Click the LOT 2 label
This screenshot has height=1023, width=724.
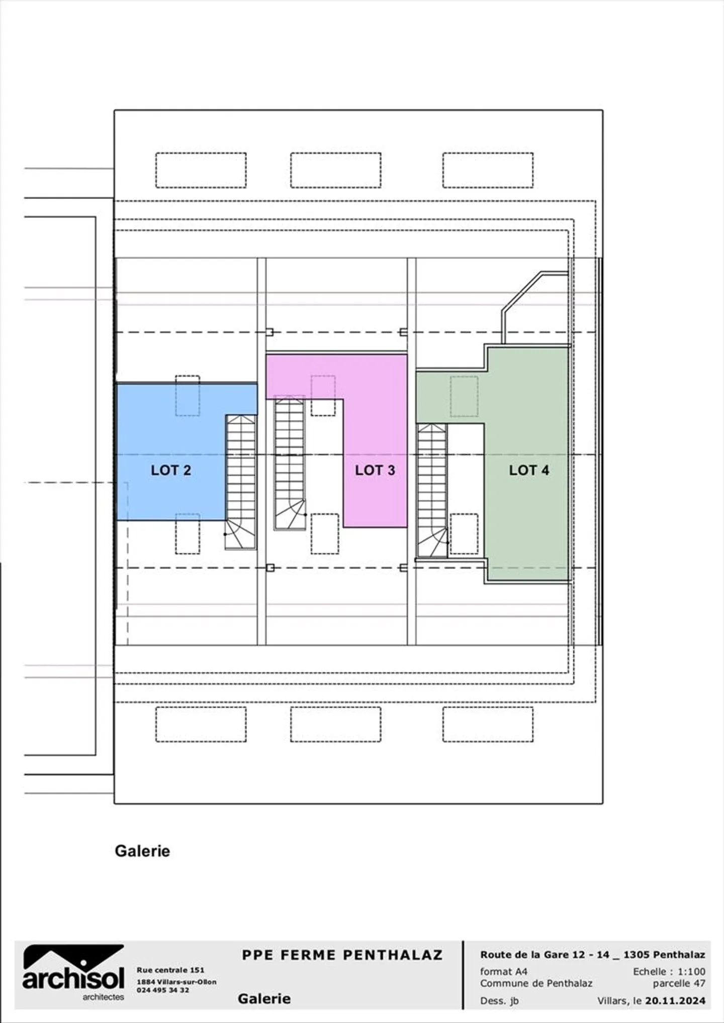[171, 470]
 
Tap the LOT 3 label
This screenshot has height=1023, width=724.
[375, 470]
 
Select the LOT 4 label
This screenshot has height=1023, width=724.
[529, 470]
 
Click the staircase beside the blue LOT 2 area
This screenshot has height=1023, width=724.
[241, 481]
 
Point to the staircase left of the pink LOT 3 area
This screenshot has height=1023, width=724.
[290, 462]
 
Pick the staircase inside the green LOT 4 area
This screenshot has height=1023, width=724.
[432, 490]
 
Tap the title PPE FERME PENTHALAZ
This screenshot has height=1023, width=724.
[342, 955]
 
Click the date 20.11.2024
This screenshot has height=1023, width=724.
[675, 1000]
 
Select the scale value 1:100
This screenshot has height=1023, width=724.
[691, 971]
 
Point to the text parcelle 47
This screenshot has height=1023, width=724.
[679, 983]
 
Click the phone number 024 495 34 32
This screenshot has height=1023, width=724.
[163, 990]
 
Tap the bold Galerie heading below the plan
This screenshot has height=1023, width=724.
[142, 851]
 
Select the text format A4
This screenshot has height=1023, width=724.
[503, 971]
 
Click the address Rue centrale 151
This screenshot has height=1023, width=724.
[170, 970]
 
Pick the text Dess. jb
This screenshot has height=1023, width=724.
[499, 1000]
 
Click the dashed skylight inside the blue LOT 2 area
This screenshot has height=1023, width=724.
[188, 396]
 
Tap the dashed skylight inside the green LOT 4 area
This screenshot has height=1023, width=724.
[464, 396]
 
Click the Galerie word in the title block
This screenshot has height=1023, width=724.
[264, 998]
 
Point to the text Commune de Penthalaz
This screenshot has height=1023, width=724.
[536, 983]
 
